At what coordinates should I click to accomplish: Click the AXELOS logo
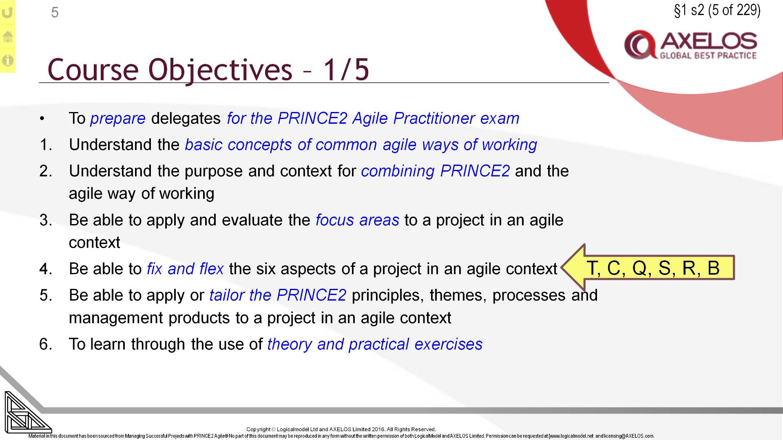point(691,45)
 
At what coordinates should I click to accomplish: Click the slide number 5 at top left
point(55,13)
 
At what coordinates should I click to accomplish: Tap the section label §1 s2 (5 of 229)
point(717,10)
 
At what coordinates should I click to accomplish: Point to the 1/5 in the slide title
point(346,70)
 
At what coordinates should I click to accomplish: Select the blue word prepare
point(117,119)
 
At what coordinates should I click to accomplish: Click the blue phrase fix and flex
point(185,269)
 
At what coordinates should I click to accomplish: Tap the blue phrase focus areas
point(357,220)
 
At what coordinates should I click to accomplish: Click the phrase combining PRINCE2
point(435,171)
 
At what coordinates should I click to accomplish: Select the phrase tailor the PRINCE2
point(278,295)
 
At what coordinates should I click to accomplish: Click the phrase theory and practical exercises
point(375,344)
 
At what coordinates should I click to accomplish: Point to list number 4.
point(46,269)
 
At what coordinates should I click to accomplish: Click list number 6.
point(46,344)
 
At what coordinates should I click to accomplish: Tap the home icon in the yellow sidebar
point(7,37)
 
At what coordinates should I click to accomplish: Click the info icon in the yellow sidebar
point(7,61)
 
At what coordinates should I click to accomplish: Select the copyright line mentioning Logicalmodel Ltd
point(341,429)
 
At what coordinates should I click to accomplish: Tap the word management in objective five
point(116,318)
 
